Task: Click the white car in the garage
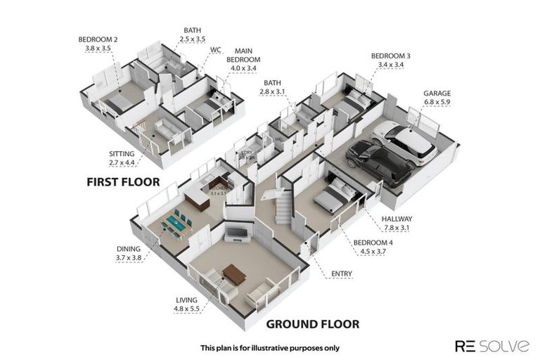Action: point(406,143)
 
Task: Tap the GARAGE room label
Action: point(437,93)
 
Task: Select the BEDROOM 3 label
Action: point(390,56)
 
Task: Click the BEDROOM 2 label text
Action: point(98,39)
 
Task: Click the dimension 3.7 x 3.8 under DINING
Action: point(128,257)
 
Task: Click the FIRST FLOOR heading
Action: point(123,181)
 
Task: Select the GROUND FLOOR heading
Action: point(312,324)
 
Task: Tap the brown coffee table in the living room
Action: point(233,275)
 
